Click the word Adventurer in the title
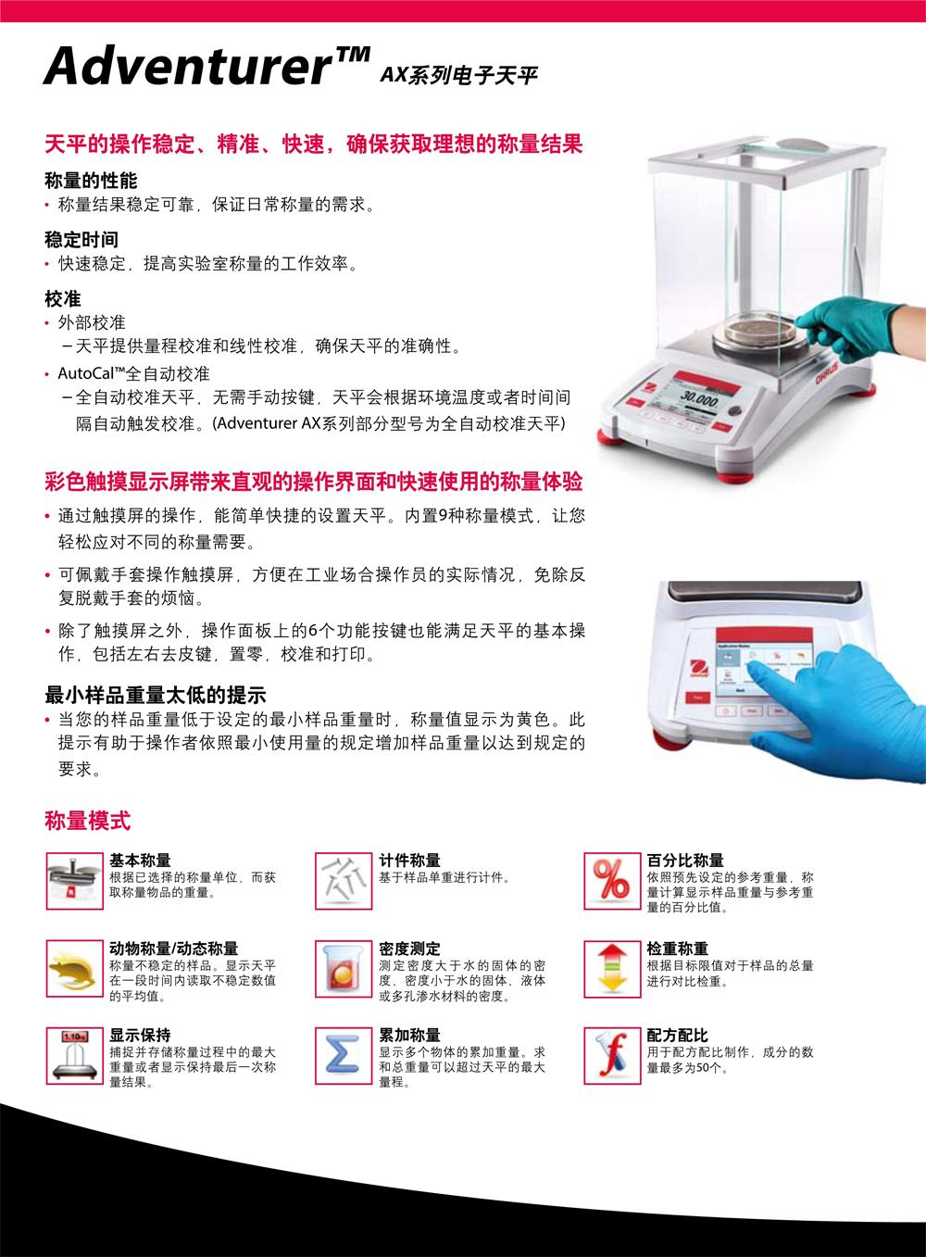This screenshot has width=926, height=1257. click(x=189, y=66)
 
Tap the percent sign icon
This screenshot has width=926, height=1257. click(x=611, y=881)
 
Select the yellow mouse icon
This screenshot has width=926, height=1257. click(x=74, y=969)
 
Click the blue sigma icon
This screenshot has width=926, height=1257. click(x=343, y=1056)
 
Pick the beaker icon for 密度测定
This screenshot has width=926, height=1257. click(x=343, y=969)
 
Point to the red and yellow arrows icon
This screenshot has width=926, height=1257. click(x=611, y=969)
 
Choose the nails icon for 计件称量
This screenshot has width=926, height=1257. click(x=343, y=881)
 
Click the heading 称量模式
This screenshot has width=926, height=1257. click(x=87, y=821)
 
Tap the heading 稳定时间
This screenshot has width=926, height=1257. click(x=81, y=240)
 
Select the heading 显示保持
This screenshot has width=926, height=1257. click(x=140, y=1035)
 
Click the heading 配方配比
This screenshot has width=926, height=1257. click(x=677, y=1035)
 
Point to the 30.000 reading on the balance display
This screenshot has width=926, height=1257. click(x=699, y=399)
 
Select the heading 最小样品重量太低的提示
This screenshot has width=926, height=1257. click(x=156, y=696)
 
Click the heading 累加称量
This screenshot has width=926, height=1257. click(x=409, y=1035)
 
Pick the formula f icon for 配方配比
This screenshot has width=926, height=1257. click(x=611, y=1056)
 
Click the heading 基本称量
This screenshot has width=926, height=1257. click(x=140, y=861)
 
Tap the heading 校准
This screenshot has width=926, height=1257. click(x=63, y=298)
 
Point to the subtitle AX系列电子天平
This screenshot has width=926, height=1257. click(x=458, y=75)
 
